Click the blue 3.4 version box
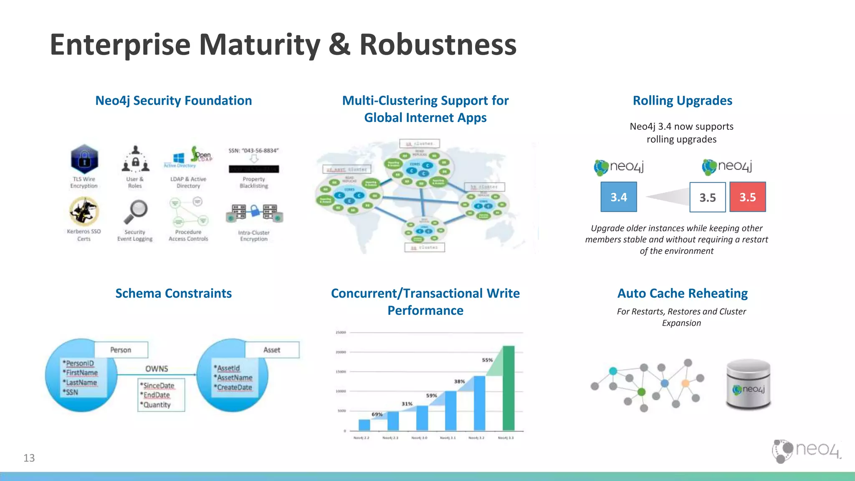click(x=618, y=197)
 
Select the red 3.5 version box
click(x=747, y=197)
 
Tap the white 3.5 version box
click(x=707, y=197)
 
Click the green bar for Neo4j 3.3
click(x=508, y=388)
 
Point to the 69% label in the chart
click(x=377, y=414)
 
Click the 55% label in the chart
click(x=487, y=360)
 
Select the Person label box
click(x=121, y=350)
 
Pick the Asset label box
click(x=272, y=350)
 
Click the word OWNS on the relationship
click(x=157, y=369)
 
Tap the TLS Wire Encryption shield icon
click(x=84, y=159)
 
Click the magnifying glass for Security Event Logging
click(x=136, y=211)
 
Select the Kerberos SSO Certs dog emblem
click(x=84, y=211)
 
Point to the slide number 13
click(x=29, y=458)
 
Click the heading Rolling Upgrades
click(x=682, y=101)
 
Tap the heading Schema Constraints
click(x=173, y=293)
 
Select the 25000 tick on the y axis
click(x=341, y=332)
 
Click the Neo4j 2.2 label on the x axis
click(x=361, y=438)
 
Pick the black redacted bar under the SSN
click(x=253, y=169)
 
